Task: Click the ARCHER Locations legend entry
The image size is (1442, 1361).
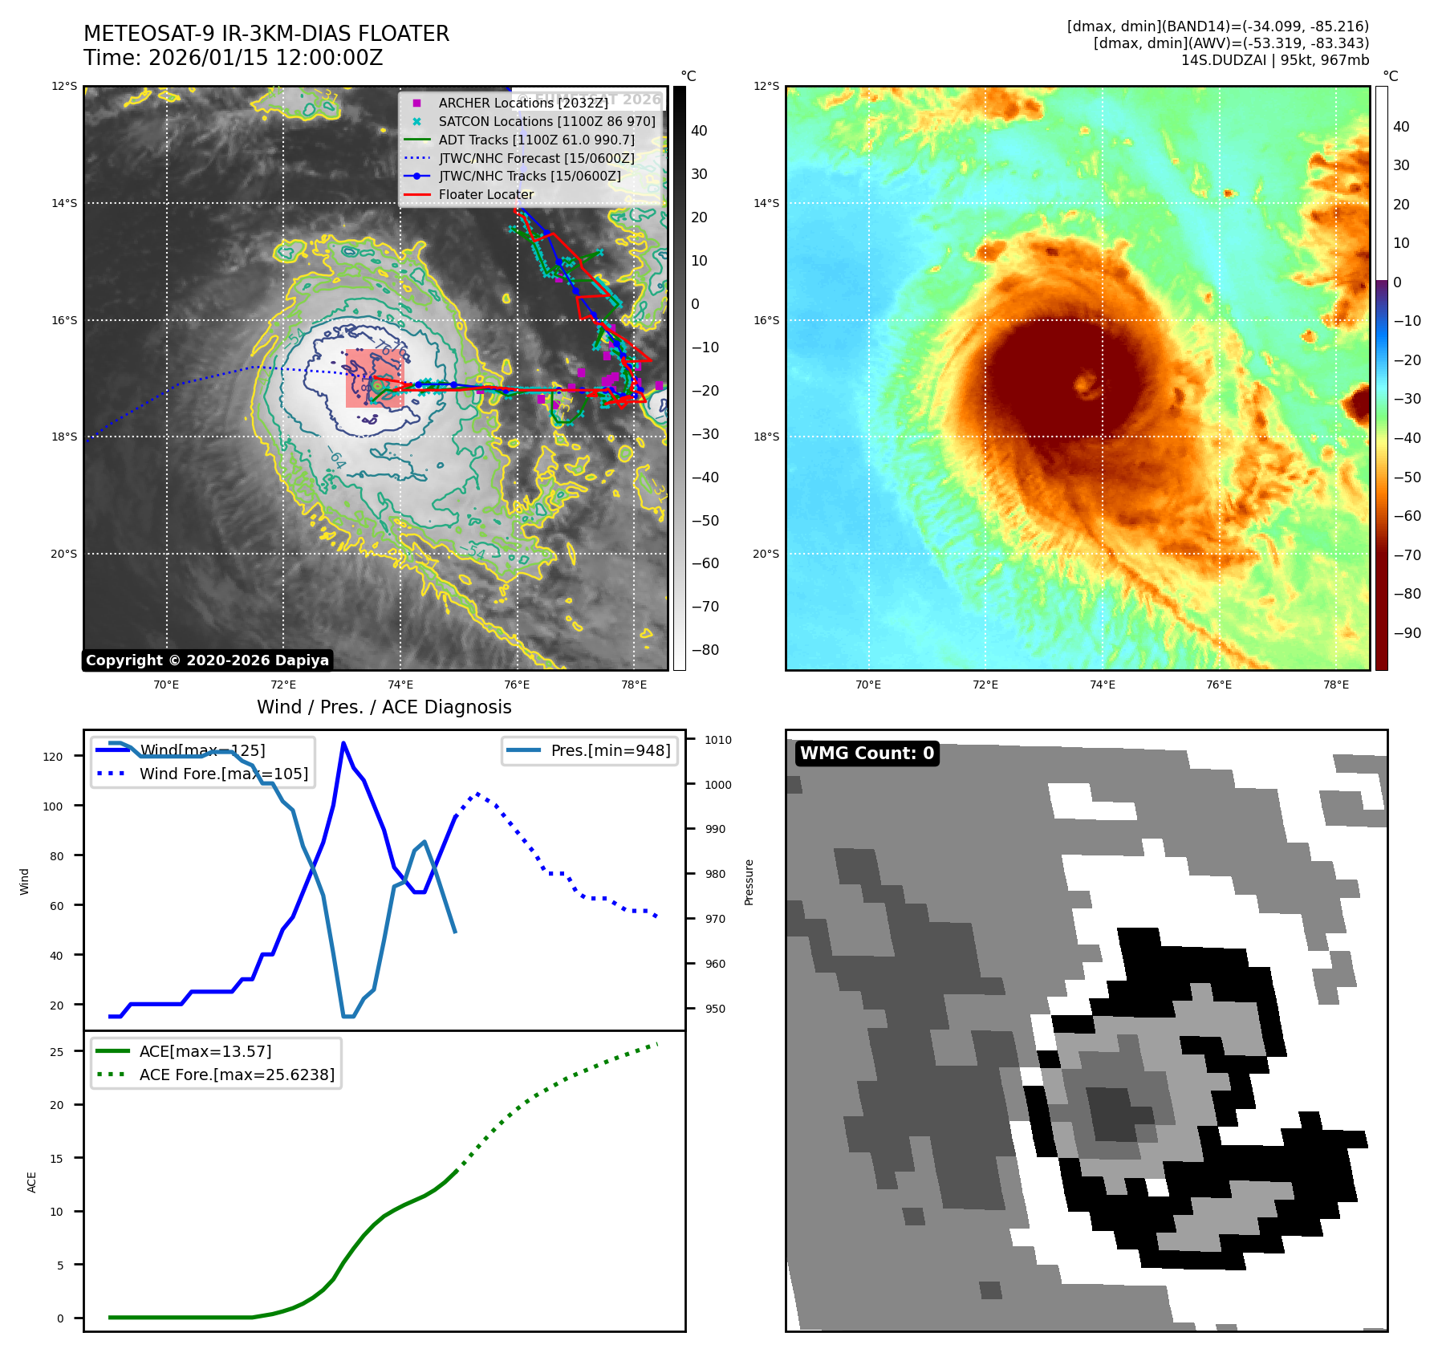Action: pos(522,103)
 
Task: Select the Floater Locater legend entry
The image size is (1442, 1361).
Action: pos(485,194)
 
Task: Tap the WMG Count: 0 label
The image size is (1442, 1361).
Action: pos(867,754)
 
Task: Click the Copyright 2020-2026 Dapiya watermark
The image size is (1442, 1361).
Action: pos(207,660)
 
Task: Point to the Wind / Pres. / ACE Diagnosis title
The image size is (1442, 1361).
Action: pos(384,707)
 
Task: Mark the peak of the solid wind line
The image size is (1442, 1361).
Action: pos(343,743)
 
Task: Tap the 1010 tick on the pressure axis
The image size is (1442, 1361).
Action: pos(718,740)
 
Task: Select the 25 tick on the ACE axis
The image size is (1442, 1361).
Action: pos(56,1052)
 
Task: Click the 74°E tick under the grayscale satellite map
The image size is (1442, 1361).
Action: pos(400,685)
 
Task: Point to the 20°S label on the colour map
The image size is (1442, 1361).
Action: pos(766,554)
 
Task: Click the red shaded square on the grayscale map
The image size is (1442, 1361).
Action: pos(374,379)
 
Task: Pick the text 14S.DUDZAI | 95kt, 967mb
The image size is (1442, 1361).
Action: pos(1274,60)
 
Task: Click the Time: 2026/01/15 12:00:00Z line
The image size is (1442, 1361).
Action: pos(233,58)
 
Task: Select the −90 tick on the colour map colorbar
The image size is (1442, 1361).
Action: pos(1407,633)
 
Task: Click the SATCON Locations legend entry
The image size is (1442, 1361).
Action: pos(546,121)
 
